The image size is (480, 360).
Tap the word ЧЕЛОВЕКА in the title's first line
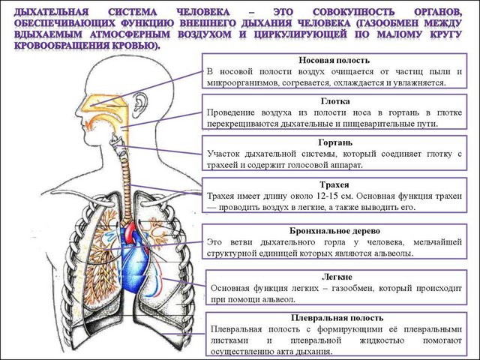pyautogui.click(x=205, y=13)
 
